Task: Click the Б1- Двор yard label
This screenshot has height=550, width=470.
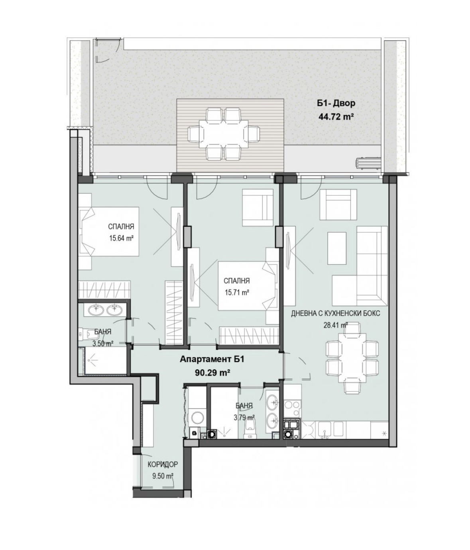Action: pos(336,103)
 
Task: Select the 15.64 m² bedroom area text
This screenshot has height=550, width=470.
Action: pos(121,238)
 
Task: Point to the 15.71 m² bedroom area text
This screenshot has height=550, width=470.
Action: pos(237,293)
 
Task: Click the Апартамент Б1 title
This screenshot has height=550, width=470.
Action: pos(212,359)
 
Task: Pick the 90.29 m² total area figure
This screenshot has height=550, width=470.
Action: pos(212,373)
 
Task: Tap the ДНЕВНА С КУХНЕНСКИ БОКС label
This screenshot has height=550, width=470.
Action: pos(336,313)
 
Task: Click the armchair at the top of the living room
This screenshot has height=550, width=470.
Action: pos(338,201)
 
